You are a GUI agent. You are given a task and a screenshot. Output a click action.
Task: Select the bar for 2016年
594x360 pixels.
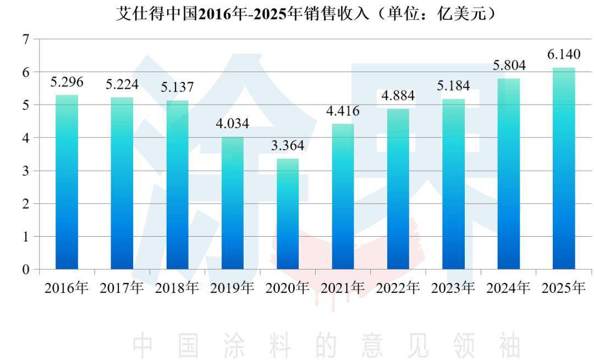click(67, 183)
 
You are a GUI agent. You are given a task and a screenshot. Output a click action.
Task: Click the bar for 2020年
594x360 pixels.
click(288, 214)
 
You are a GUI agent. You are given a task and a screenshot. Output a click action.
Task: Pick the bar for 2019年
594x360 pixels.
click(233, 203)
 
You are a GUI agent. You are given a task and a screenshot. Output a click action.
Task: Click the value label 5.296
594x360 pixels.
click(67, 83)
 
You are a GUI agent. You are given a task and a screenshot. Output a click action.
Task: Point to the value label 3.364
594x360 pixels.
click(287, 146)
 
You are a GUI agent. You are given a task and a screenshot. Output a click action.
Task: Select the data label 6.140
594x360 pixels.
click(564, 55)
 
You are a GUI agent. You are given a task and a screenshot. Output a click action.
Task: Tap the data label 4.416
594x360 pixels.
click(343, 111)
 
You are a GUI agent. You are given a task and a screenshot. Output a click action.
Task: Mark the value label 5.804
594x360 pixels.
click(509, 66)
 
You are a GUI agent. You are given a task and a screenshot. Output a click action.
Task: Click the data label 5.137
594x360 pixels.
click(177, 88)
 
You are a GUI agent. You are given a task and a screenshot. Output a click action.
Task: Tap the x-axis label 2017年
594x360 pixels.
click(122, 288)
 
